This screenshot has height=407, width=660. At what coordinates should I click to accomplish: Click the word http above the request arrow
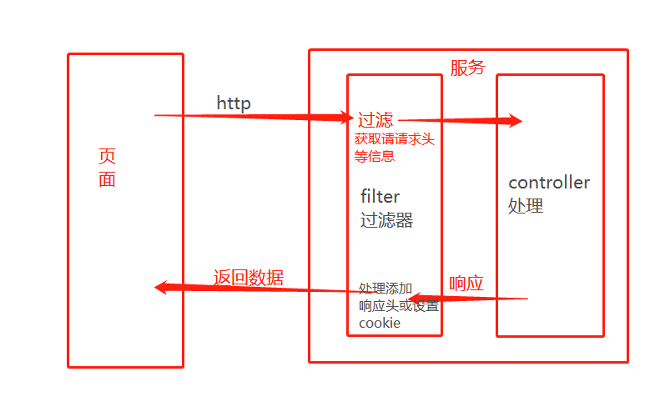(234, 103)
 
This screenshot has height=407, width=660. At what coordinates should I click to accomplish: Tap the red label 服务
(467, 68)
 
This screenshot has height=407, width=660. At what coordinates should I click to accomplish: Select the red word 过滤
(375, 119)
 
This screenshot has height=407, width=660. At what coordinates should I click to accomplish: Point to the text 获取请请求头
(394, 139)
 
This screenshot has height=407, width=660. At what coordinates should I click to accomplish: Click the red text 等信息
(374, 155)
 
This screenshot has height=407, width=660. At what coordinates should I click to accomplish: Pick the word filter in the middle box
(380, 197)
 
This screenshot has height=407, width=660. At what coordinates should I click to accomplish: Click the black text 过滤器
(386, 221)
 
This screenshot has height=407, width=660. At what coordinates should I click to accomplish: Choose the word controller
(549, 183)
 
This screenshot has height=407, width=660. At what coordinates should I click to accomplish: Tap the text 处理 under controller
(526, 206)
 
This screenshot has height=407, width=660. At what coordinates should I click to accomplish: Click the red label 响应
(466, 283)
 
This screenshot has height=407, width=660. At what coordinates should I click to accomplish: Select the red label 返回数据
(248, 278)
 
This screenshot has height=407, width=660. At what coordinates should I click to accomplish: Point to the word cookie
(380, 324)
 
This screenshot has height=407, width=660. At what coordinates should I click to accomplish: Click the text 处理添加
(385, 289)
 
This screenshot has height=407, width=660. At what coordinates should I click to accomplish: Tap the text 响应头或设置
(398, 305)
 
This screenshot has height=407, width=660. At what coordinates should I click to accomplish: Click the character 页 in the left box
(107, 156)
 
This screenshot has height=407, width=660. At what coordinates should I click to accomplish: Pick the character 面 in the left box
(107, 179)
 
